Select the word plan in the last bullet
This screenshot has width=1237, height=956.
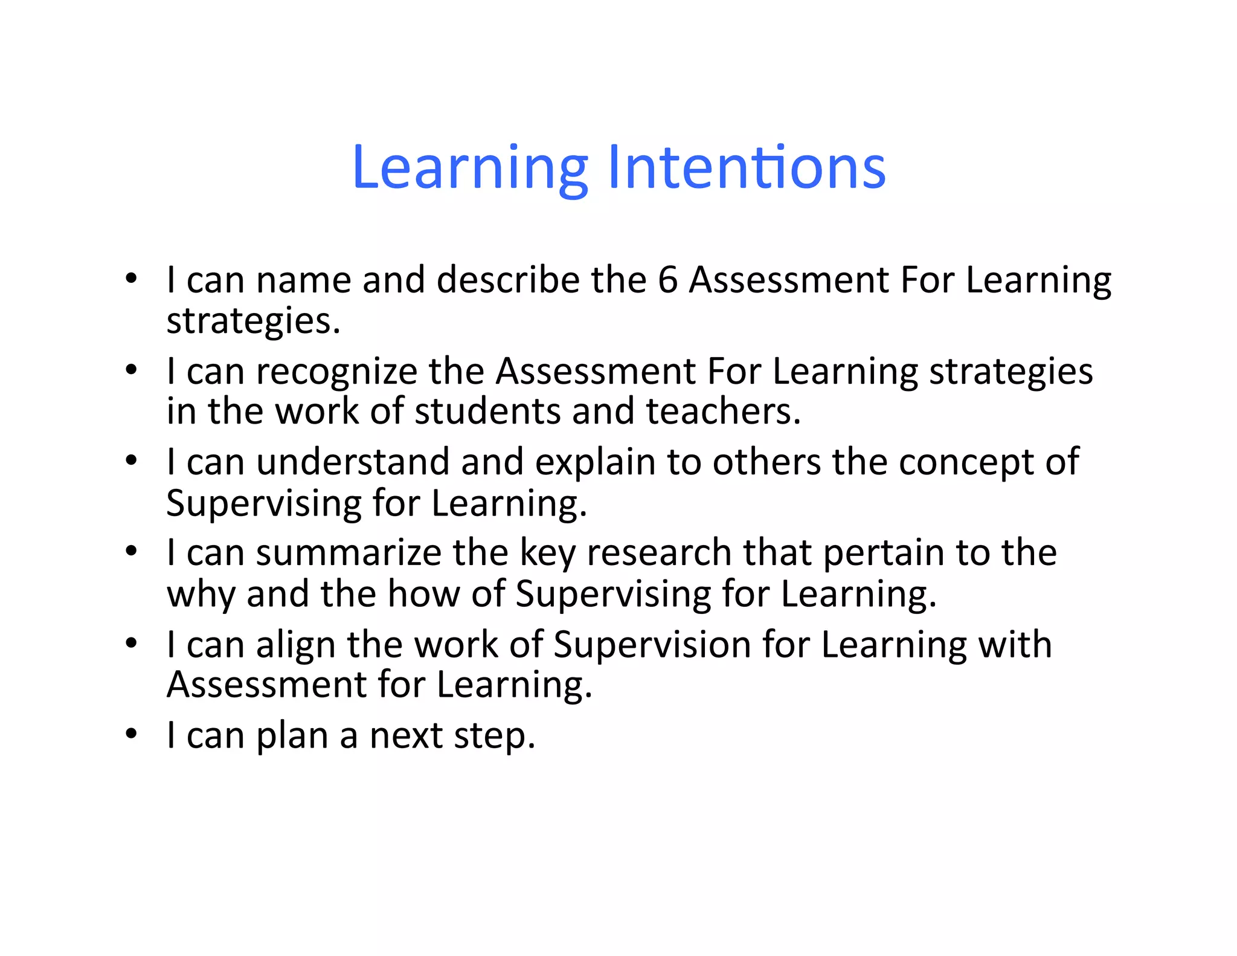point(292,736)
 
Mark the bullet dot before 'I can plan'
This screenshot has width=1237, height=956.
point(132,734)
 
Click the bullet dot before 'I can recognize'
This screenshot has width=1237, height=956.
point(132,369)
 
